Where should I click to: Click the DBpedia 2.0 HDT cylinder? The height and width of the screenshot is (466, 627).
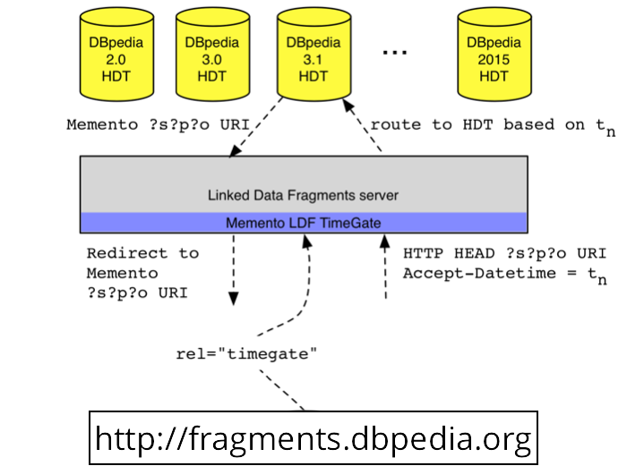[x=116, y=54]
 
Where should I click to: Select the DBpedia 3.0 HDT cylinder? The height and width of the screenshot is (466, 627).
[x=213, y=54]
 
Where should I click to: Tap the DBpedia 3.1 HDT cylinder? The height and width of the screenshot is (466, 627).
[x=313, y=54]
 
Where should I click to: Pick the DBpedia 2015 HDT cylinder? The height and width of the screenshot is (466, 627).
[x=494, y=54]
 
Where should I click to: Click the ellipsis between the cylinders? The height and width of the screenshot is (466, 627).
[x=395, y=52]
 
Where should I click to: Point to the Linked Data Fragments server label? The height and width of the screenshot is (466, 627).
[x=303, y=195]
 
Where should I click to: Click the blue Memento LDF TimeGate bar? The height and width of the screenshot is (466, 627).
[x=304, y=223]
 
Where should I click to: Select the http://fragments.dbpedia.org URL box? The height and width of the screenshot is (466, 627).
[x=313, y=437]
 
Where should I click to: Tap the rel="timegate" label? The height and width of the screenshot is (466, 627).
[x=246, y=354]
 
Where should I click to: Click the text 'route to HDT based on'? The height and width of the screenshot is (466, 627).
[x=477, y=125]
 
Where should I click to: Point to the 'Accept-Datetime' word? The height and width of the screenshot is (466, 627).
[x=479, y=274]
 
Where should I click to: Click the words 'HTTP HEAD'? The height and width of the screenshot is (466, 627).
[x=449, y=253]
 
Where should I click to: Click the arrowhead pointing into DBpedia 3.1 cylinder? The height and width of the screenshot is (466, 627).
[x=348, y=106]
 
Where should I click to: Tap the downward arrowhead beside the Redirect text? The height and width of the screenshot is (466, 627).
[x=234, y=299]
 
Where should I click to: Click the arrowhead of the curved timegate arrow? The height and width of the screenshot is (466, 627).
[x=306, y=241]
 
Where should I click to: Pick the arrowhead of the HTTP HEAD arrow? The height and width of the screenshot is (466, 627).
[x=384, y=241]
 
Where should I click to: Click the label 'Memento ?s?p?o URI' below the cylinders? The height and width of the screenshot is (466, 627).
[x=158, y=125]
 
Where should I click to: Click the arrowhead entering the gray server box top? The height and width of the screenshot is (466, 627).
[x=235, y=150]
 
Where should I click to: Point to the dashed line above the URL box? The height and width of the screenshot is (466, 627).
[x=282, y=390]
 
